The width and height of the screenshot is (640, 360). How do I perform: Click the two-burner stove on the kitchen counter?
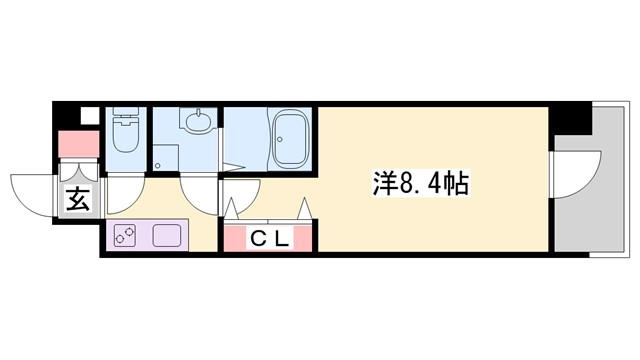pos(126,238)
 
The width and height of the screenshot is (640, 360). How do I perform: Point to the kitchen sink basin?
pos(165,238)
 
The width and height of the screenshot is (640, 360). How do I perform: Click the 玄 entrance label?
pos(77,200)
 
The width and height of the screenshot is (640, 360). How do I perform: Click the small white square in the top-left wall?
pos(86,113)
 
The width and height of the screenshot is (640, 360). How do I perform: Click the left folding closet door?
pos(234,209)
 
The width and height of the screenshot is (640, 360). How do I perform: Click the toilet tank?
pos(125,114)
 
